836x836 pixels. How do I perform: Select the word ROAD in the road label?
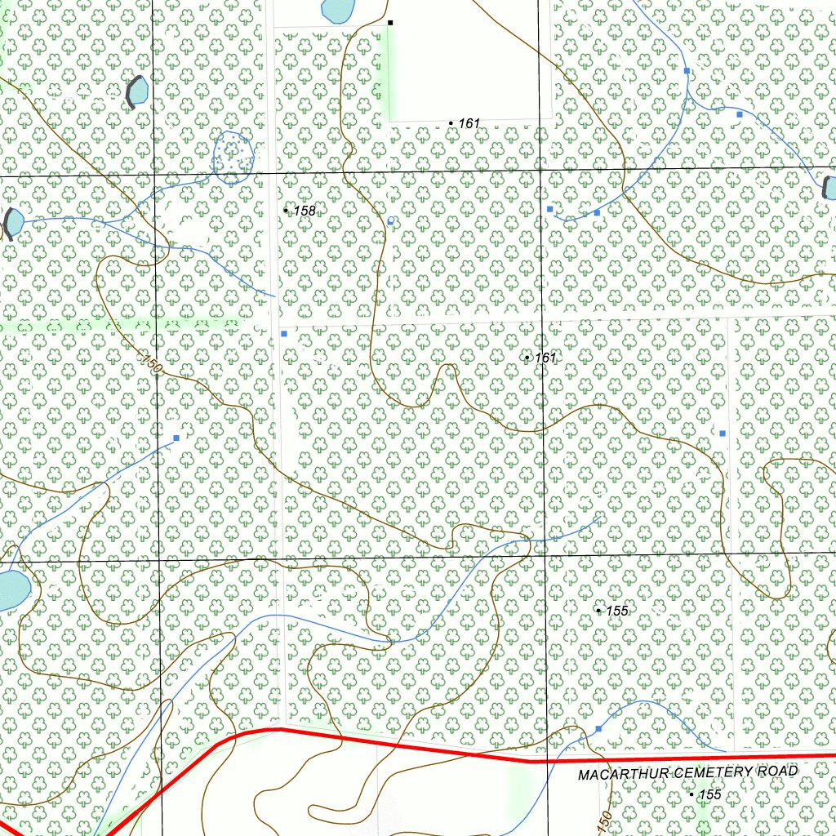pyautogui.click(x=783, y=770)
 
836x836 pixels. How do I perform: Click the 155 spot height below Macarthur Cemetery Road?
pyautogui.click(x=709, y=794)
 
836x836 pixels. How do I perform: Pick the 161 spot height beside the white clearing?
pyautogui.click(x=469, y=123)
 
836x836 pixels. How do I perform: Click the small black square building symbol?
pyautogui.click(x=390, y=22)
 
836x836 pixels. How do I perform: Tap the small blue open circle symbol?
pyautogui.click(x=392, y=221)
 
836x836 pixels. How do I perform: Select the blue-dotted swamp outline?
pyautogui.click(x=233, y=155)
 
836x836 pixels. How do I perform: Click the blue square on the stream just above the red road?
pyautogui.click(x=598, y=728)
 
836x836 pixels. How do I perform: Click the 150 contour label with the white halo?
pyautogui.click(x=150, y=364)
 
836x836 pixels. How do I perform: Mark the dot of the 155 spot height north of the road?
pyautogui.click(x=598, y=610)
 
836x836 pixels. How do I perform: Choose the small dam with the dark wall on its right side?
pyautogui.click(x=136, y=91)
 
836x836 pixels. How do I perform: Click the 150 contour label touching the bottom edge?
pyautogui.click(x=603, y=823)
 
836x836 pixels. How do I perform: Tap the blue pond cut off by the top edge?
pyautogui.click(x=336, y=10)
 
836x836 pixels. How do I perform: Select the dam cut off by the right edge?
pyautogui.click(x=829, y=188)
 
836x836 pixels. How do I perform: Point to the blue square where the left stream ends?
pyautogui.click(x=176, y=438)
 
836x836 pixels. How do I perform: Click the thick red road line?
pyautogui.click(x=408, y=745)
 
